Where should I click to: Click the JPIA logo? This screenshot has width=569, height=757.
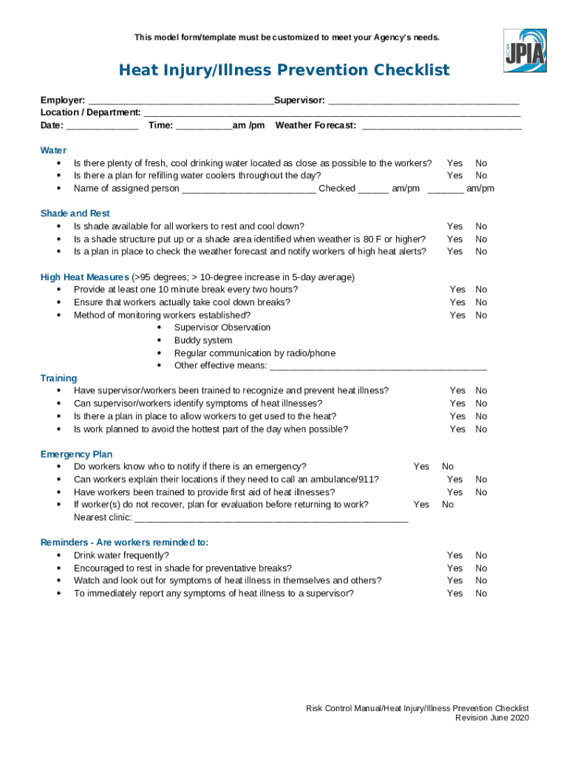pos(525,50)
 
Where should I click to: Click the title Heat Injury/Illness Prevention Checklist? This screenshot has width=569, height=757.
pos(284,70)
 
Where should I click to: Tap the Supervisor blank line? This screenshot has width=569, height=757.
pos(423,101)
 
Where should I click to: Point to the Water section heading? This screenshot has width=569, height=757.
pos(53,150)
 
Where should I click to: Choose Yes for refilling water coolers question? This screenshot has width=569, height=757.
pos(454,176)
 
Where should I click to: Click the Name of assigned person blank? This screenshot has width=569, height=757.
pos(249,189)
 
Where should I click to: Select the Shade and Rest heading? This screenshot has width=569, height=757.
pos(75,214)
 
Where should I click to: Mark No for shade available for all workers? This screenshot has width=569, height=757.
pos(481,226)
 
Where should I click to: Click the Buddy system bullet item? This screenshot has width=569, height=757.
pos(203,341)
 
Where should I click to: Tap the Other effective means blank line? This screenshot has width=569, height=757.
pos(378,367)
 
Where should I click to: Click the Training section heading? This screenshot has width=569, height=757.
pos(58,378)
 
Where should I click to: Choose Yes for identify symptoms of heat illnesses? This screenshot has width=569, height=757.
pos(457,404)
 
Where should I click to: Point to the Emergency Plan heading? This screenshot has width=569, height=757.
pos(76,454)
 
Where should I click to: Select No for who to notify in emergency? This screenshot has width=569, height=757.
pos(448,466)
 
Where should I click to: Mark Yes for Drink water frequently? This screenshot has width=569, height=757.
pos(454,555)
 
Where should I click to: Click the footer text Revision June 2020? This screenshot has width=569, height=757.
pos(491,718)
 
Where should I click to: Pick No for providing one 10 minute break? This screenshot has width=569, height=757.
pos(481,290)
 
